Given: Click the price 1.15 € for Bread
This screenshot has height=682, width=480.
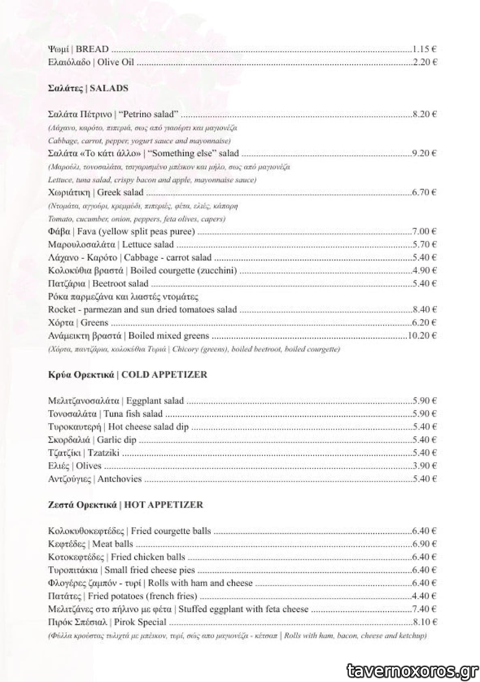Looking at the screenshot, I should click(424, 49).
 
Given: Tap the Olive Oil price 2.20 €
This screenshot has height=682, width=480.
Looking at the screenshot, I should click(424, 62).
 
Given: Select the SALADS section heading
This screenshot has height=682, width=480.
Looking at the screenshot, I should click(88, 88).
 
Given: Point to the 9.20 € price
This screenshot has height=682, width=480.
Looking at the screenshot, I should click(424, 153).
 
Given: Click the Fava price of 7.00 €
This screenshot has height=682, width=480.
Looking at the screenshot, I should click(424, 232).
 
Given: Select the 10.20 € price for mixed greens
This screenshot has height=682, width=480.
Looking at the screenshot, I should click(422, 336).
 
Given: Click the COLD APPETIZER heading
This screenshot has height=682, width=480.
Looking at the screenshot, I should click(127, 374).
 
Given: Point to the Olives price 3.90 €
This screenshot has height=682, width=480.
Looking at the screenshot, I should click(424, 466).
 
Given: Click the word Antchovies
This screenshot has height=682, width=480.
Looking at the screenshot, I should click(119, 479).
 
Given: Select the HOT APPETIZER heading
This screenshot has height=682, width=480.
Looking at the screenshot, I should click(125, 505).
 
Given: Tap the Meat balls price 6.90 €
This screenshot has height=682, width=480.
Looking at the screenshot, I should click(424, 544).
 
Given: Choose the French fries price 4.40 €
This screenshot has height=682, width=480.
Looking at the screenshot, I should click(424, 596).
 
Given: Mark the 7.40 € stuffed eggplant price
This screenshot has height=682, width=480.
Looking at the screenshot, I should click(424, 609).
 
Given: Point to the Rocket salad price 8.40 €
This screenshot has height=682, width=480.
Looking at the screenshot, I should click(424, 310).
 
